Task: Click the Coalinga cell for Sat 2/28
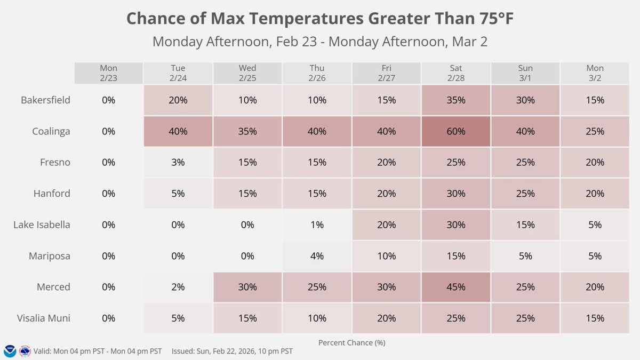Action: (x=456, y=131)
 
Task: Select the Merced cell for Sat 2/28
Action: (x=456, y=287)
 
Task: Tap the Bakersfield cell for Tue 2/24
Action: (x=178, y=100)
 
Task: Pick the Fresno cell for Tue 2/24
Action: (x=178, y=162)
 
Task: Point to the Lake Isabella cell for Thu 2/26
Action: (x=317, y=225)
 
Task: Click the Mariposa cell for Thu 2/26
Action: (x=317, y=256)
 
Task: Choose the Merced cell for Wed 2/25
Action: (x=247, y=287)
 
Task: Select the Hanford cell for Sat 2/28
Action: (x=456, y=194)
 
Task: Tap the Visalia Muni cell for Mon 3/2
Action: (x=595, y=318)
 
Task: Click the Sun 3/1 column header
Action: (x=525, y=73)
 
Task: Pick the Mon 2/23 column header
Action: (x=109, y=73)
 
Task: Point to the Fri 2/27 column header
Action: (x=386, y=73)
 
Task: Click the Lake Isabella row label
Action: (x=42, y=225)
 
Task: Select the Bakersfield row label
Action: (x=45, y=100)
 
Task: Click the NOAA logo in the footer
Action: (x=10, y=351)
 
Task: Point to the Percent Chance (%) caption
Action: (x=351, y=342)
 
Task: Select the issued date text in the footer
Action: (x=232, y=351)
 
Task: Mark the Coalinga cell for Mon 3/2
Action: (x=595, y=131)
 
